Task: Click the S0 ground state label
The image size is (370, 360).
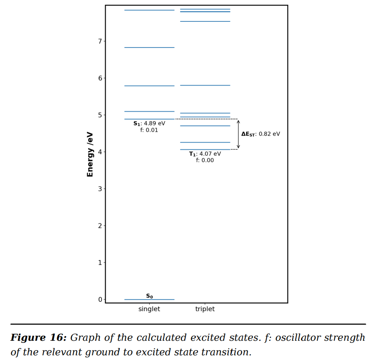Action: [149, 296]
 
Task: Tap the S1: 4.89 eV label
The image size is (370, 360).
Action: [149, 124]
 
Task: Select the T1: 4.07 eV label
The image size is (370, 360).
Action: [205, 154]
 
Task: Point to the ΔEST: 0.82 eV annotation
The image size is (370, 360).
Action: [260, 134]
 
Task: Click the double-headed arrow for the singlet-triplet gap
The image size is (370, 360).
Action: [238, 134]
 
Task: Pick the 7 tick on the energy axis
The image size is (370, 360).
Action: [100, 41]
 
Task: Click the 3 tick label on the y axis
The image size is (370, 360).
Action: [100, 189]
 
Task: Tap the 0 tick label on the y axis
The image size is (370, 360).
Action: [100, 299]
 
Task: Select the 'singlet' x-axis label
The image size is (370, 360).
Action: [149, 309]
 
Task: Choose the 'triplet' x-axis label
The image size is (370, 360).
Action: [205, 309]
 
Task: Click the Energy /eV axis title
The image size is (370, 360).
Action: [90, 154]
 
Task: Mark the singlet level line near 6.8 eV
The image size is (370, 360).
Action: [149, 48]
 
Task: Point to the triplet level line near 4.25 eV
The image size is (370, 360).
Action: [205, 142]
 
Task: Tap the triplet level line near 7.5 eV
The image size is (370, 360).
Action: [205, 21]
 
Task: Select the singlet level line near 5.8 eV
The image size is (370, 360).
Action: [149, 86]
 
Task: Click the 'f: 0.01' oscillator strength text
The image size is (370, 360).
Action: [149, 130]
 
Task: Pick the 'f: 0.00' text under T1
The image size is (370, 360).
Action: [205, 161]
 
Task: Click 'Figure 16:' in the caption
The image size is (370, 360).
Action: [38, 338]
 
